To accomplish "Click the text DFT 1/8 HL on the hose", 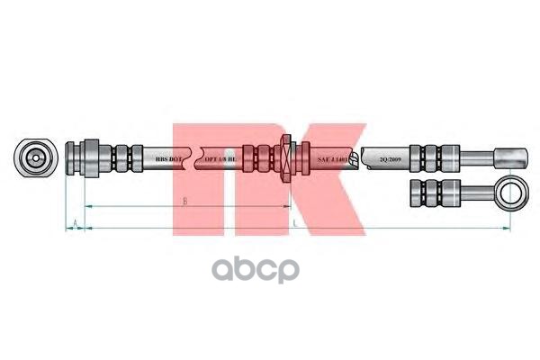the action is (x=220, y=158).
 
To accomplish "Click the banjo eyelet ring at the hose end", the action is (x=511, y=190).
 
